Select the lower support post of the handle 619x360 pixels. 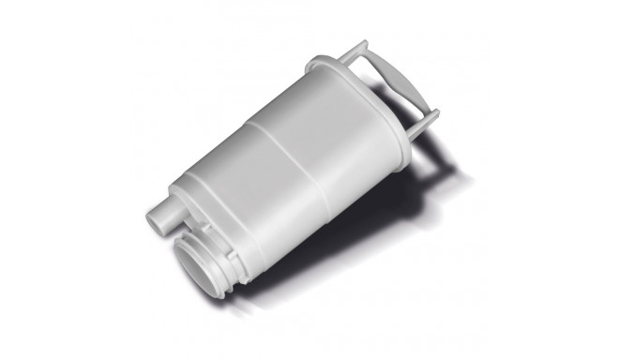click(x=423, y=119)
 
